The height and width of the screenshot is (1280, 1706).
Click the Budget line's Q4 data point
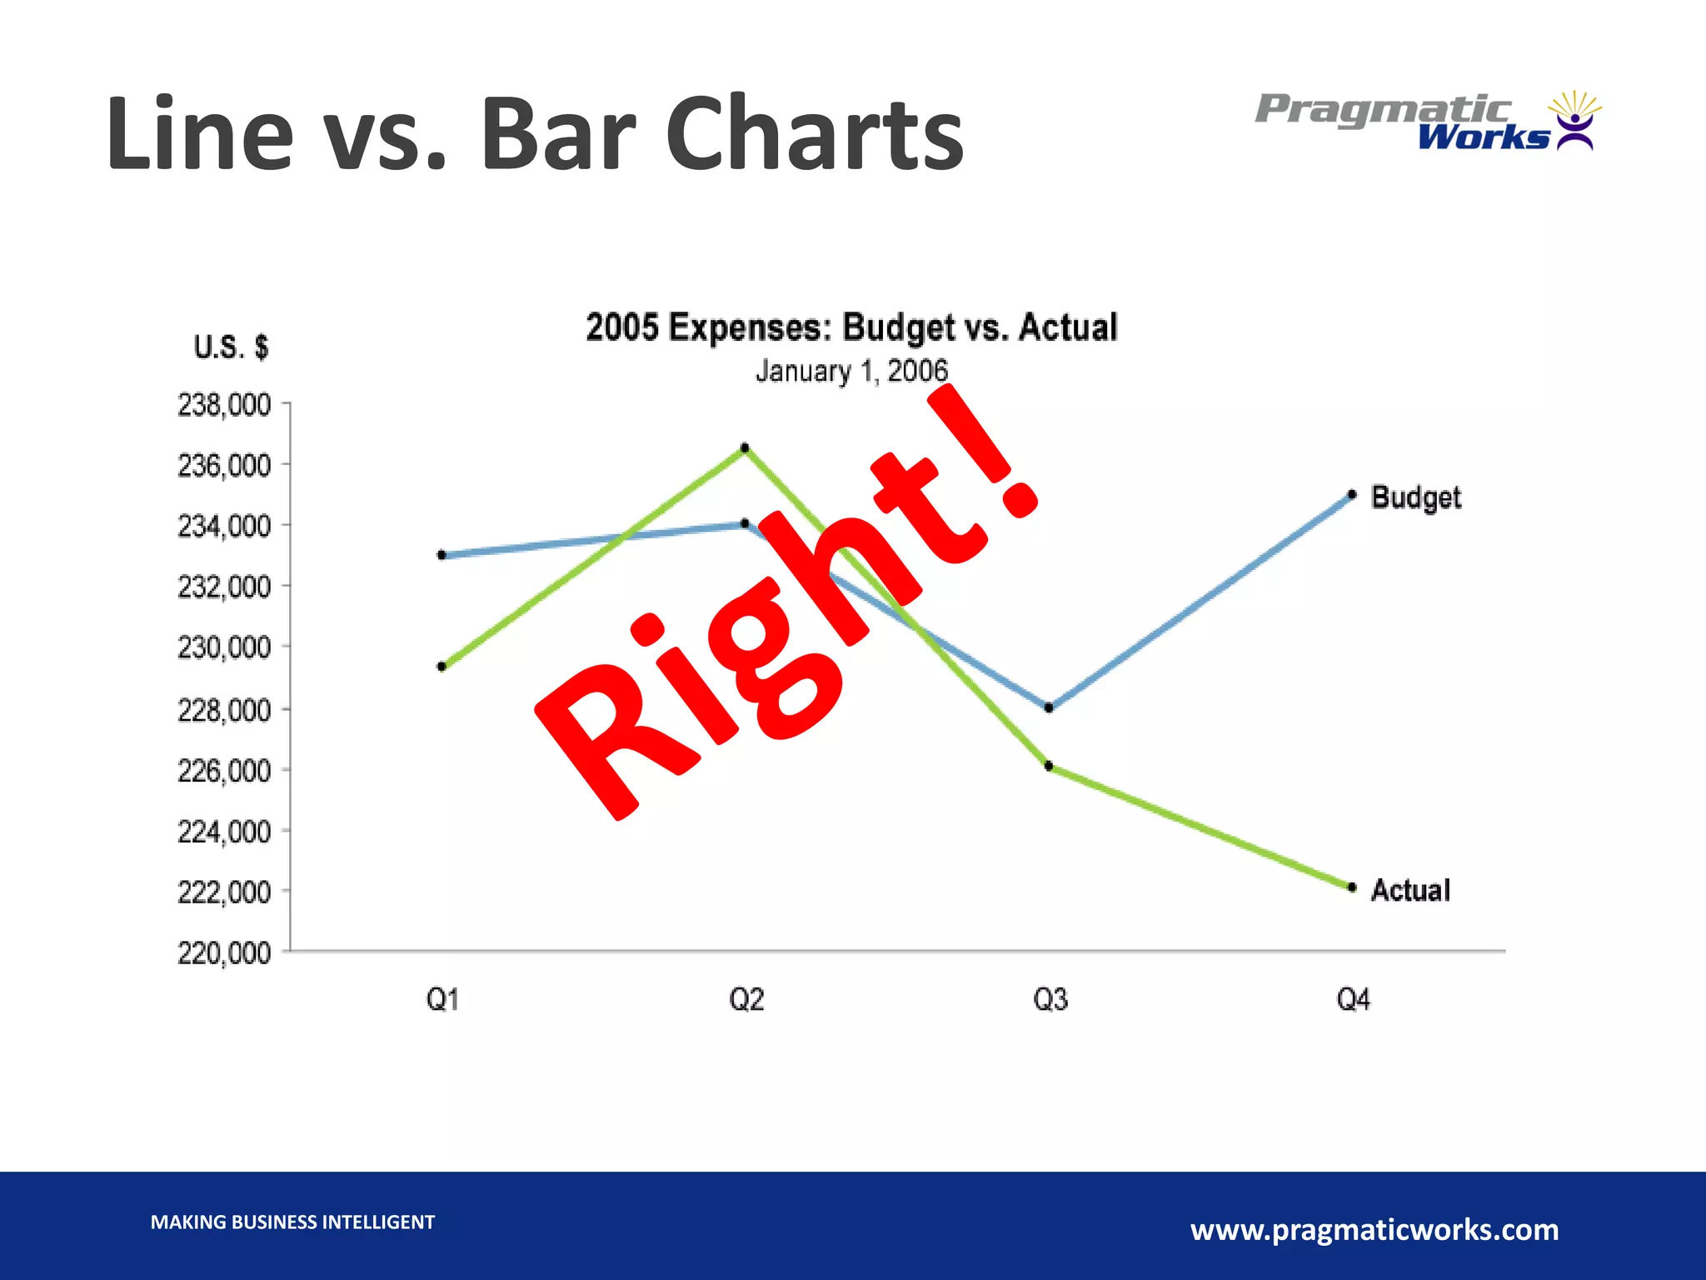1352,495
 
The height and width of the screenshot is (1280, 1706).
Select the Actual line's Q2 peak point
745,448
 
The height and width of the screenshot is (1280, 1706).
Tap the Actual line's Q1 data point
441,667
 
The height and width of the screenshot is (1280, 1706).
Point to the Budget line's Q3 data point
1049,708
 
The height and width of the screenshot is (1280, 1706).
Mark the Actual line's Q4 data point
1352,887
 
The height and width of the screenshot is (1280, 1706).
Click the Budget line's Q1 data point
441,555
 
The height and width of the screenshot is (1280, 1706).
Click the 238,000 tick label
224,406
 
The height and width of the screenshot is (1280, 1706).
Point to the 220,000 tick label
224,952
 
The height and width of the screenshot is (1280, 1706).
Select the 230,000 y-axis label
224,647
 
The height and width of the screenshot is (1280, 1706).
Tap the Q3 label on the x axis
1050,999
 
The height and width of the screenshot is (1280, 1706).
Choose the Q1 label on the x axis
442,999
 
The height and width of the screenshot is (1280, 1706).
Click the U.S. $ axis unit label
231,347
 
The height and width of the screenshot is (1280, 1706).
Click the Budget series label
1415,497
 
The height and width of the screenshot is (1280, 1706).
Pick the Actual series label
1410,891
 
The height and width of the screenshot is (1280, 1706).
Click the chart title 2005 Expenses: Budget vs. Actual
851,327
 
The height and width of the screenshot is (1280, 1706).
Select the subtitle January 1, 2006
851,371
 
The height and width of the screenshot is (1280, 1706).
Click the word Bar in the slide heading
558,133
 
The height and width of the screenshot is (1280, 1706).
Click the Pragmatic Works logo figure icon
1574,122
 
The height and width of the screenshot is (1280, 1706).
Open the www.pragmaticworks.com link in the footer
1374,1229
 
